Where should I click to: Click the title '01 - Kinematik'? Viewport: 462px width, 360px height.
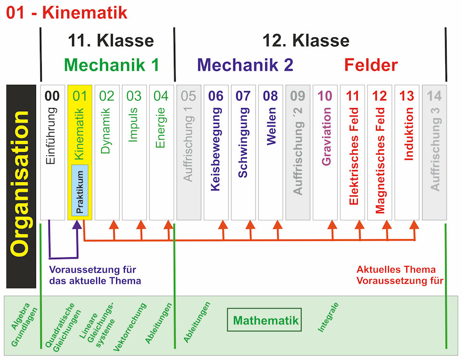pos(67,12)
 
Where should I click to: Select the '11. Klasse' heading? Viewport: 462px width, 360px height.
pos(110,40)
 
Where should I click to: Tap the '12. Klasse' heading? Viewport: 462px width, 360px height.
pos(306,40)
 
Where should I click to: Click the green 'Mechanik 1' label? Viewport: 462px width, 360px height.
pos(111,65)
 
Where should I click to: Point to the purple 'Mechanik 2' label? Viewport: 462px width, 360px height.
pos(245,65)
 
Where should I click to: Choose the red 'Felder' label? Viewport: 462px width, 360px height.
pos(371,65)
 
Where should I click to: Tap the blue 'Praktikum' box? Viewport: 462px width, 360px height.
pos(80,190)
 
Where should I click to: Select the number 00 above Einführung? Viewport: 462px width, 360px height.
pos(52,96)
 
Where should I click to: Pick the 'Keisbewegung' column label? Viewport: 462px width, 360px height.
pos(216,149)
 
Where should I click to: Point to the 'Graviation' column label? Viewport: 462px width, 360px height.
pos(326,137)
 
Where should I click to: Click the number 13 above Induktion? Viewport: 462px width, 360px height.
pos(407,96)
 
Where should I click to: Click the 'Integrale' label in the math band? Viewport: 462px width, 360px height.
pos(328,317)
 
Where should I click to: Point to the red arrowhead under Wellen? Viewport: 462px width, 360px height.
pos(278,224)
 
